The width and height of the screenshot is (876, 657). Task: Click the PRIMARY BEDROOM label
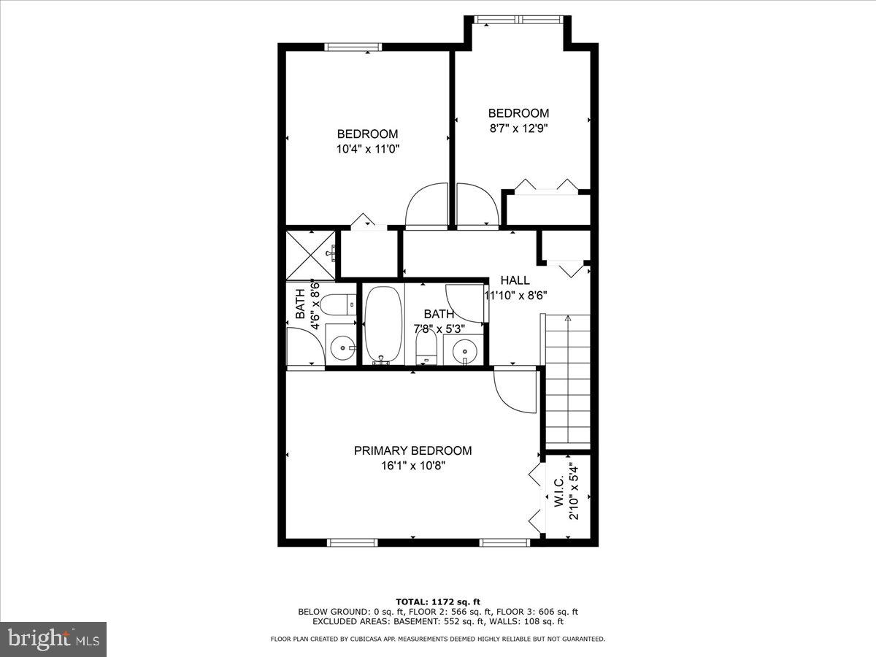coord(412,450)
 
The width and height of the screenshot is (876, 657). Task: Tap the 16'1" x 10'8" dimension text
coord(412,466)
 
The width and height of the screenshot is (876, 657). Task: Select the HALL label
coord(515,280)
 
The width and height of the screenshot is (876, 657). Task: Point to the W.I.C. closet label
coord(558,492)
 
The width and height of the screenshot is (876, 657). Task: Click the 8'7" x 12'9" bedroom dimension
coord(518,128)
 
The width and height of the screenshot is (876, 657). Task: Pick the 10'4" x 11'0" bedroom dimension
coord(367,148)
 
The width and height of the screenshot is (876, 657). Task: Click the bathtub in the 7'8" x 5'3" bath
coord(383,325)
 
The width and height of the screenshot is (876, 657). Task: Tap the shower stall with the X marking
coord(311,254)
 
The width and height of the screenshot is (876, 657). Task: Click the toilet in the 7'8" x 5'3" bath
coord(425,347)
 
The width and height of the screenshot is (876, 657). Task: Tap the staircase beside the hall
coord(568,380)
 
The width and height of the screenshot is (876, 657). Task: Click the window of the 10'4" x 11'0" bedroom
coord(353,47)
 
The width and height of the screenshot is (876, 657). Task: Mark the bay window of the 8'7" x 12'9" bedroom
coord(518,20)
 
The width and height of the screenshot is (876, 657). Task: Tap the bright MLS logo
coord(53,639)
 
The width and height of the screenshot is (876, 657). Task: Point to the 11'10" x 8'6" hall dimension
coord(517,295)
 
